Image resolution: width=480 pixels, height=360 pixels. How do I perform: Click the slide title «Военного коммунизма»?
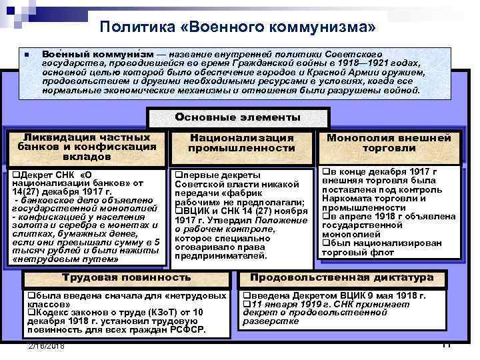click(x=238, y=27)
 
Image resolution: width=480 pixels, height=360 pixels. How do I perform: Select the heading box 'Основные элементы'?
click(x=237, y=117)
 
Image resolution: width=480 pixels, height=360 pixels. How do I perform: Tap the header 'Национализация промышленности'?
click(x=241, y=143)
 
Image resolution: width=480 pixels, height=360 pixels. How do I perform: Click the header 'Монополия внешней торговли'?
click(x=389, y=143)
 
